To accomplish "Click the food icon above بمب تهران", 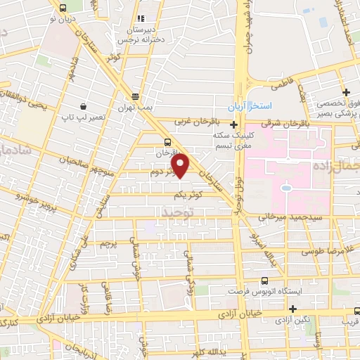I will coord(135,97).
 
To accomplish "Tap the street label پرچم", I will coord(107,244).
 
